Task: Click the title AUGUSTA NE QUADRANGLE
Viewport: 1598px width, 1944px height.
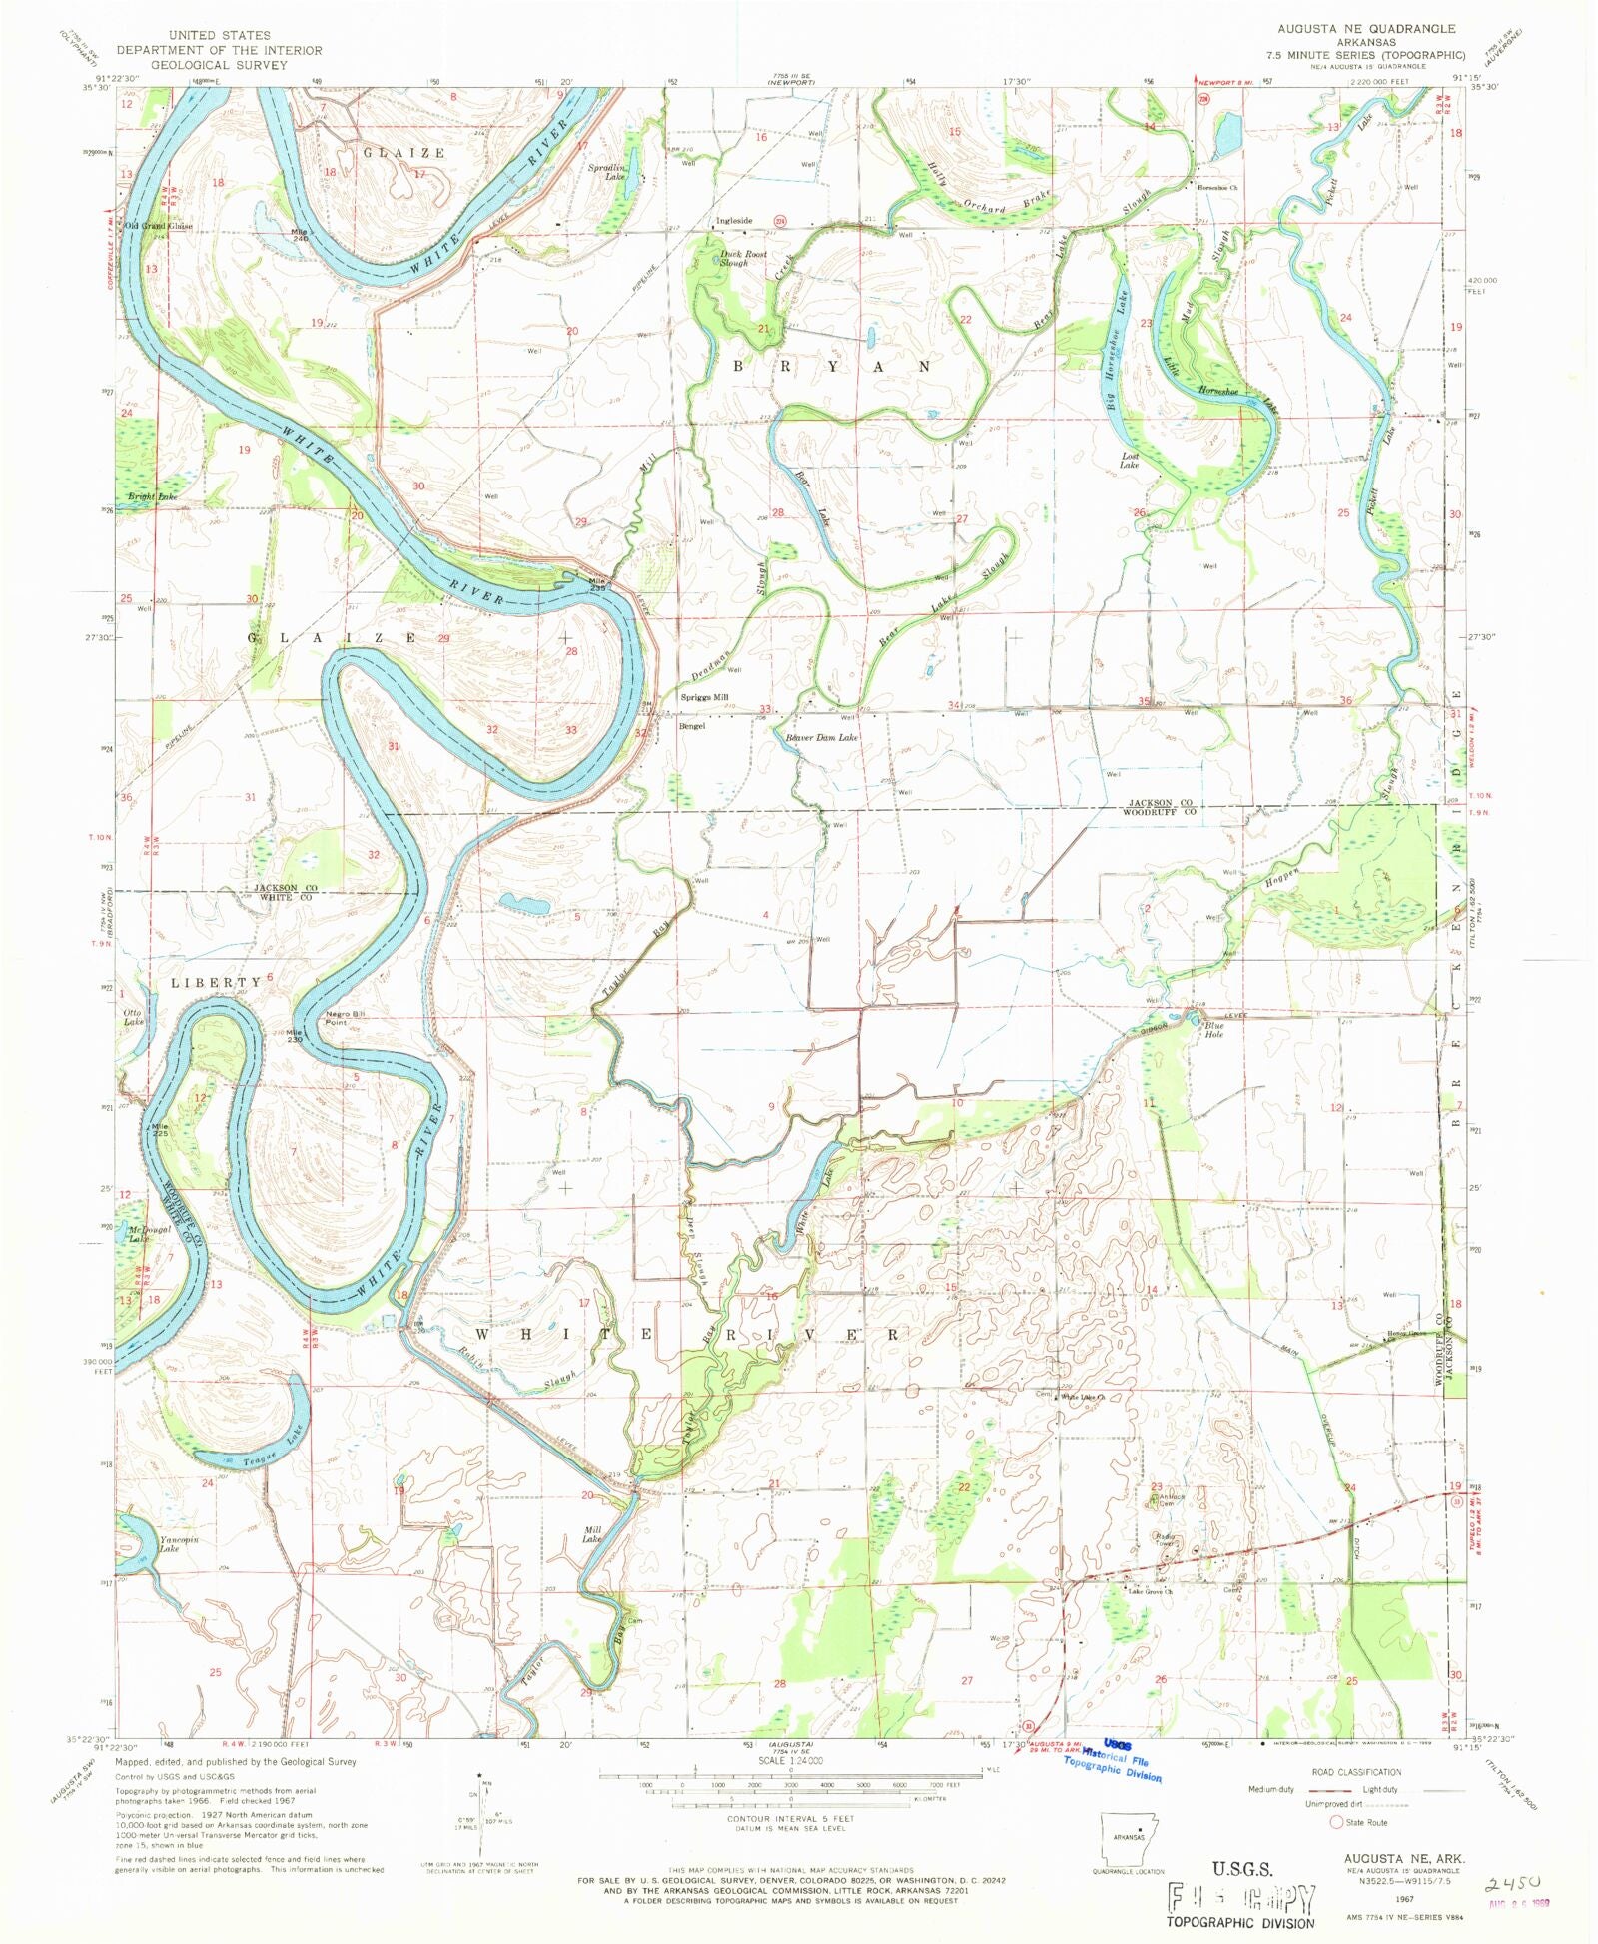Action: click(x=1366, y=29)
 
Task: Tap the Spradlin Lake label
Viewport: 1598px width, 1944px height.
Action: click(x=606, y=172)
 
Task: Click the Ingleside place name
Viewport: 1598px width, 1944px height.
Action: click(x=733, y=221)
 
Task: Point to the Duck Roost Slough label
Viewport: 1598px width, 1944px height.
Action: click(x=743, y=258)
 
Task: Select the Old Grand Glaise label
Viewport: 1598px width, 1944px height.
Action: click(x=158, y=226)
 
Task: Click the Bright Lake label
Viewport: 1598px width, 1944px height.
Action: click(x=152, y=496)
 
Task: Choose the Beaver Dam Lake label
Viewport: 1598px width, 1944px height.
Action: click(x=821, y=737)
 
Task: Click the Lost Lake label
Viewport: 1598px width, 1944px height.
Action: click(x=1129, y=461)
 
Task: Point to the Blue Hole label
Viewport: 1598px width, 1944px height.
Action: click(x=1213, y=1029)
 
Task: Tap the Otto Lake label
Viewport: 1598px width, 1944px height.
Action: click(x=134, y=1017)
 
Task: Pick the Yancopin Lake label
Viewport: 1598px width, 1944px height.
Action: click(x=179, y=1544)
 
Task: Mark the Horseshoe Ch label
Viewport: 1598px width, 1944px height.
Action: click(x=1219, y=188)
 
